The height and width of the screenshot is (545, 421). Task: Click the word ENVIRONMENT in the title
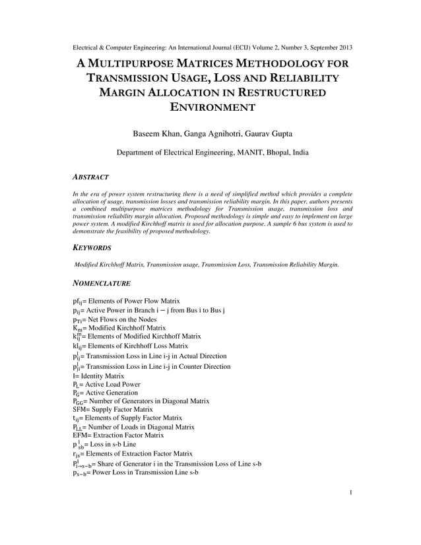coord(210,108)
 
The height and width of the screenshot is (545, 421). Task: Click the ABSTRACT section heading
coord(90,177)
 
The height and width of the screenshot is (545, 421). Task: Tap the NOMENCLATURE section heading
coord(102,284)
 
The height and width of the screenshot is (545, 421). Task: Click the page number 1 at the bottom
coord(350,511)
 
